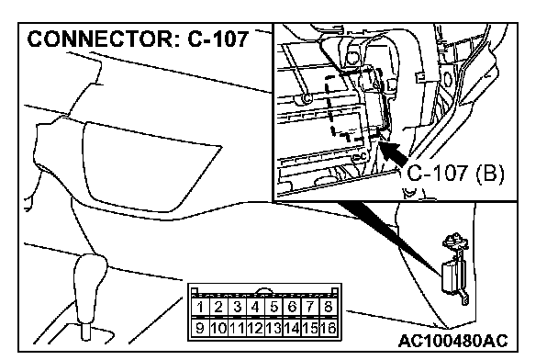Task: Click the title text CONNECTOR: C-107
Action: click(x=138, y=39)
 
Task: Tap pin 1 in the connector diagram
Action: click(x=200, y=307)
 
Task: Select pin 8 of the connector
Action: click(x=329, y=307)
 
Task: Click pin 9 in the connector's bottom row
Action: click(x=200, y=328)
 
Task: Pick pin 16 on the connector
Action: click(x=329, y=328)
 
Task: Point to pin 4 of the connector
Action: click(x=255, y=307)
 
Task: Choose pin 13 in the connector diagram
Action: click(x=273, y=328)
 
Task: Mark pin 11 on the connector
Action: click(x=237, y=328)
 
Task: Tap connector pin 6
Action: click(x=292, y=307)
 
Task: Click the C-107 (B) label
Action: click(x=455, y=174)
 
